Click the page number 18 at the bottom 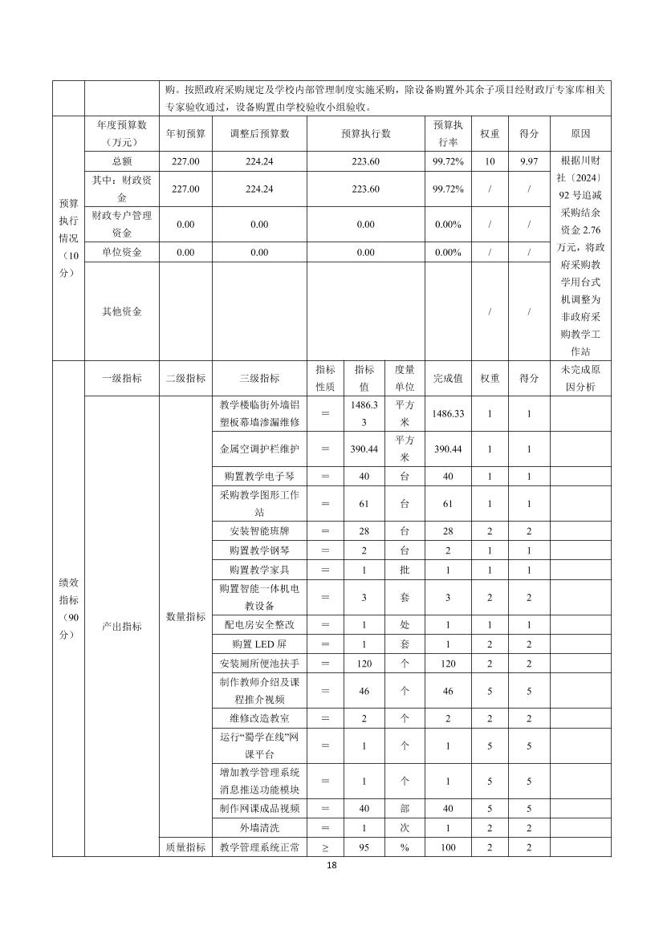tap(331, 866)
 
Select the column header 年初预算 tap(185, 133)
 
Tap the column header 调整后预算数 tap(258, 133)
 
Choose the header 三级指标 tap(259, 378)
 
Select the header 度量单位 tap(405, 378)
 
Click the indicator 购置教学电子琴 tap(259, 476)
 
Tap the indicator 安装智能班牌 tap(259, 531)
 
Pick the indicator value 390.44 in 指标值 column tap(364, 449)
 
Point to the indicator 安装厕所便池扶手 tap(259, 664)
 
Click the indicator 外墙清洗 tap(259, 827)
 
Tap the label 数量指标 tap(185, 616)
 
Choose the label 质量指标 tap(185, 847)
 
